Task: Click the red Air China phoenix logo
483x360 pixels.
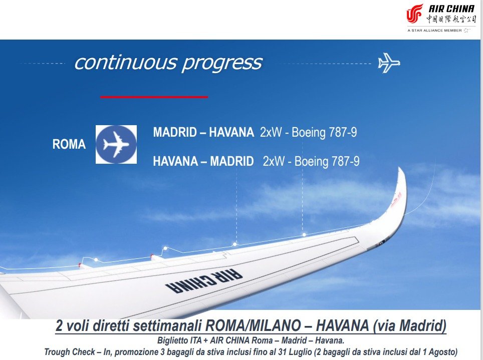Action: [415, 14]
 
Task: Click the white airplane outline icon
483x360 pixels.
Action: [389, 63]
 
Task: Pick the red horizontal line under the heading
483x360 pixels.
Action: [154, 97]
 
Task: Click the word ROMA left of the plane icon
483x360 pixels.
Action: [69, 145]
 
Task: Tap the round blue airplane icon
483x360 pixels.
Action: [116, 144]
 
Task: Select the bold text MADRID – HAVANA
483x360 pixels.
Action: [203, 133]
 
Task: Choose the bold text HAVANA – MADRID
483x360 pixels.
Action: [203, 161]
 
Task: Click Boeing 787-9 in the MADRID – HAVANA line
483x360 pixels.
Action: [324, 133]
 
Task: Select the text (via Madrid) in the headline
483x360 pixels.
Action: [409, 326]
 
